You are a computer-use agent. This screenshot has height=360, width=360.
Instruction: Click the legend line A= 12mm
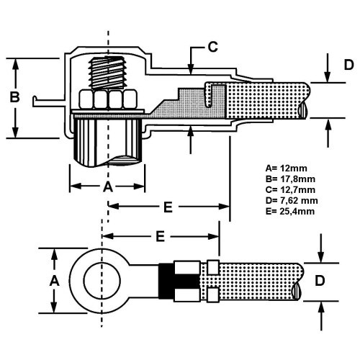[286, 168]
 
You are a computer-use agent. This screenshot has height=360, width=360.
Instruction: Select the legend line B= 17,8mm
[290, 179]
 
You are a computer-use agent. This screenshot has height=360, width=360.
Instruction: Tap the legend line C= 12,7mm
[290, 189]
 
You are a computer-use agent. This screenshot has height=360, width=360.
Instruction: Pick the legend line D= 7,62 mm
[292, 200]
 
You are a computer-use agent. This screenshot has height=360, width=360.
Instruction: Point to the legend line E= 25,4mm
[290, 211]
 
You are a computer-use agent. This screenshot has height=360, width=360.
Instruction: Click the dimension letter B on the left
[14, 97]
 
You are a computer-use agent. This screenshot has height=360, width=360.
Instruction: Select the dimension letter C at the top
[212, 47]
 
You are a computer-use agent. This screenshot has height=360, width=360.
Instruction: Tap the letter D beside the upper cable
[348, 65]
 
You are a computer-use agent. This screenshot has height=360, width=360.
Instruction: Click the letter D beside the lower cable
[320, 281]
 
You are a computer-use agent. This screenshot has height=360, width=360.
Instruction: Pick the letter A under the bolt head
[108, 187]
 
